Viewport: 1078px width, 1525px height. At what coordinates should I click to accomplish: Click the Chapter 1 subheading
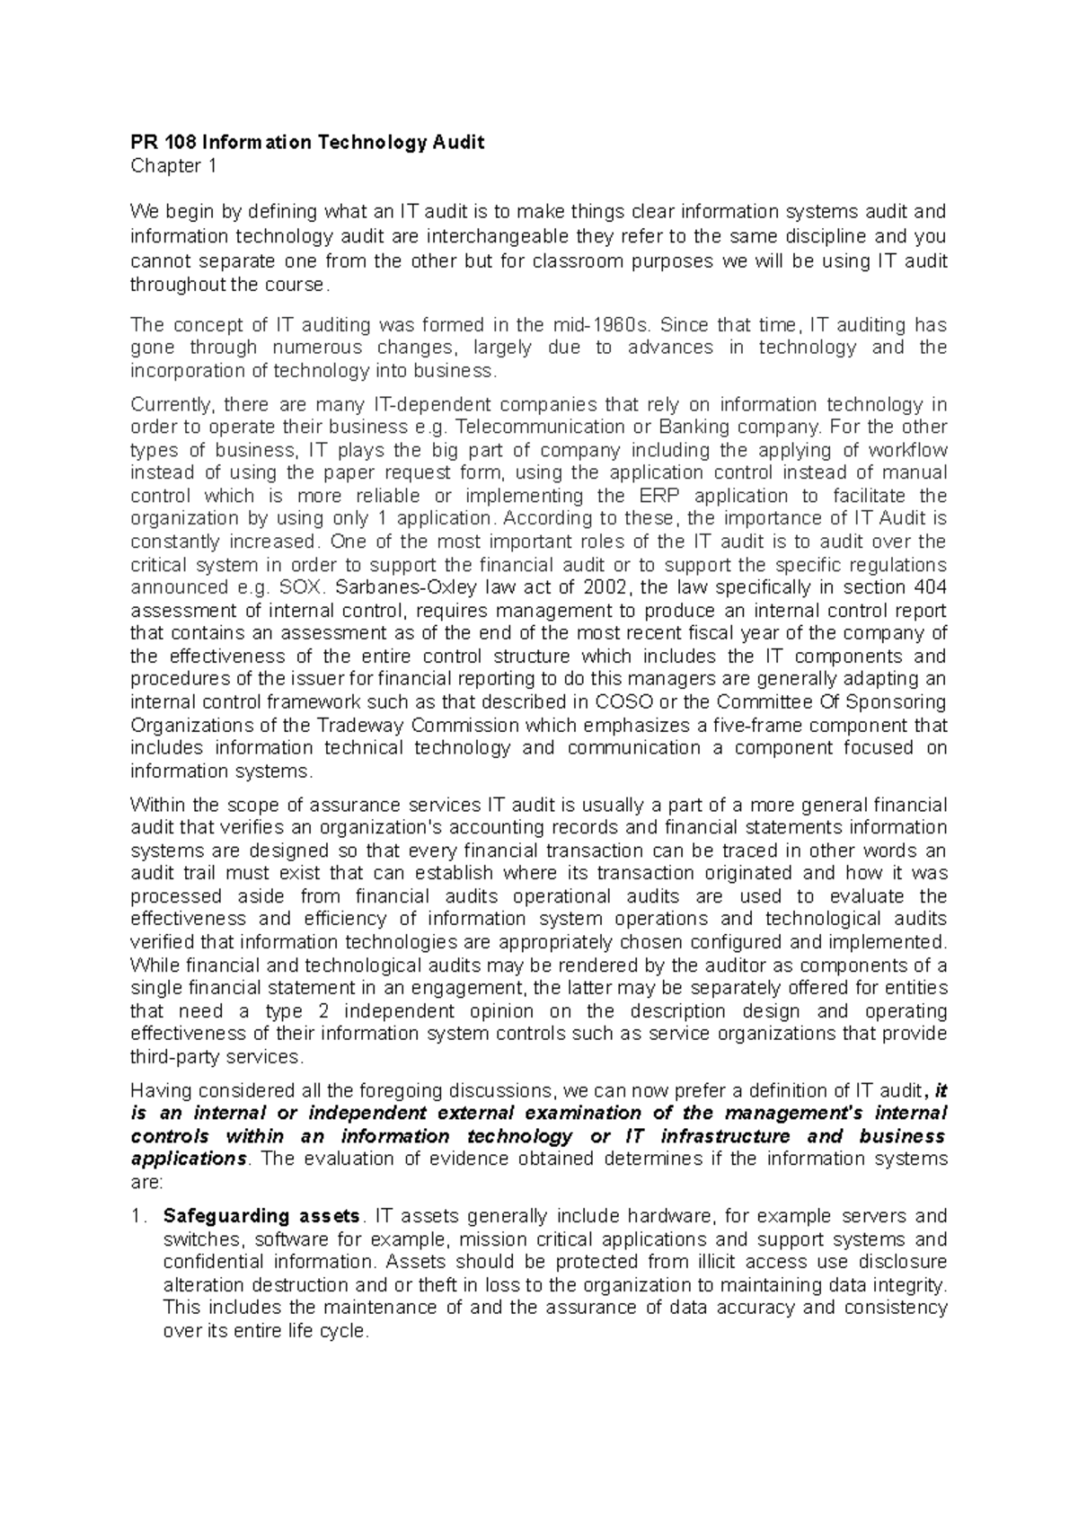point(173,166)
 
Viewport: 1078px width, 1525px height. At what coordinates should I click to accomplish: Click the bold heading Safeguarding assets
point(261,1217)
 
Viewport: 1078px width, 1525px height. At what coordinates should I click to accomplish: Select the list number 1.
point(137,1217)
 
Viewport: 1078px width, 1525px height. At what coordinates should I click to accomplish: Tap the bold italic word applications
point(186,1159)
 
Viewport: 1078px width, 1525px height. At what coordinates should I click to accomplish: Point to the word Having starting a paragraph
point(161,1090)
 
